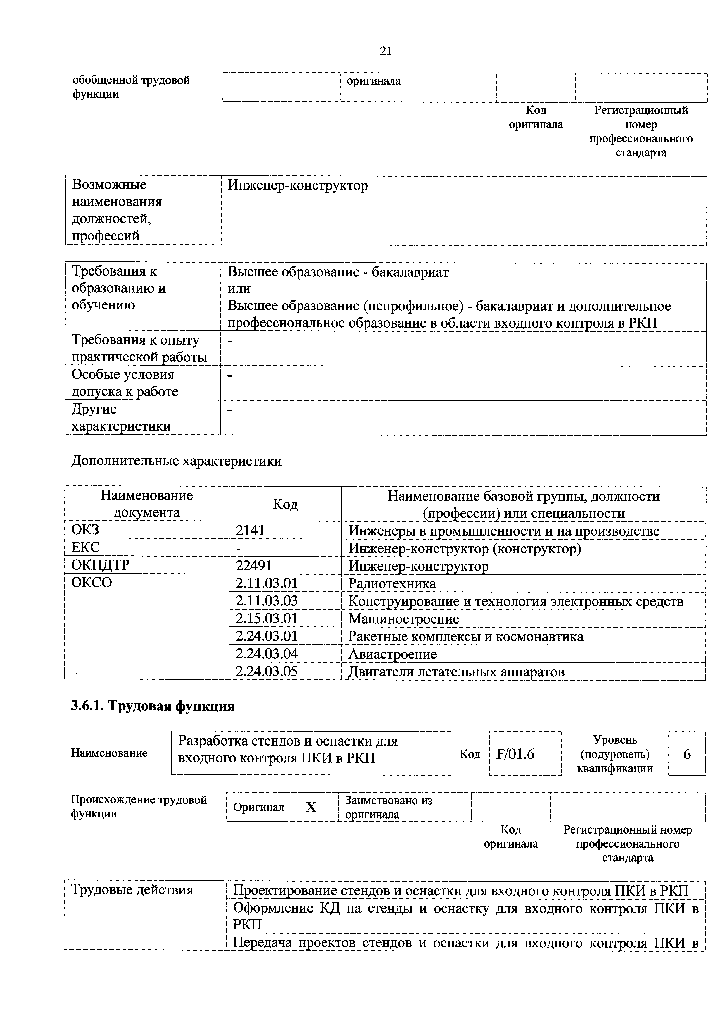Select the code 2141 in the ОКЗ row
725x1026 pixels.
(250, 531)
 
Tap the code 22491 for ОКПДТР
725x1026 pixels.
(254, 566)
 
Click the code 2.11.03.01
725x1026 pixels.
(266, 583)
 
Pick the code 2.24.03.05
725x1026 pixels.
(266, 671)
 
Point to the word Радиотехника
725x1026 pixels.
(392, 583)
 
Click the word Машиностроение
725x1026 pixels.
(403, 619)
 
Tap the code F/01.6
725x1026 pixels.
(515, 754)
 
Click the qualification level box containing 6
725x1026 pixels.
(687, 754)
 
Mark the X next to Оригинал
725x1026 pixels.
(311, 807)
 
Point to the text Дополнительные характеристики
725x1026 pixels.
(177, 461)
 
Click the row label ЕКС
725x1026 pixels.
(85, 548)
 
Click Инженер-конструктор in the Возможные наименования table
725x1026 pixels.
(298, 185)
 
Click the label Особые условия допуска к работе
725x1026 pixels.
(125, 383)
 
